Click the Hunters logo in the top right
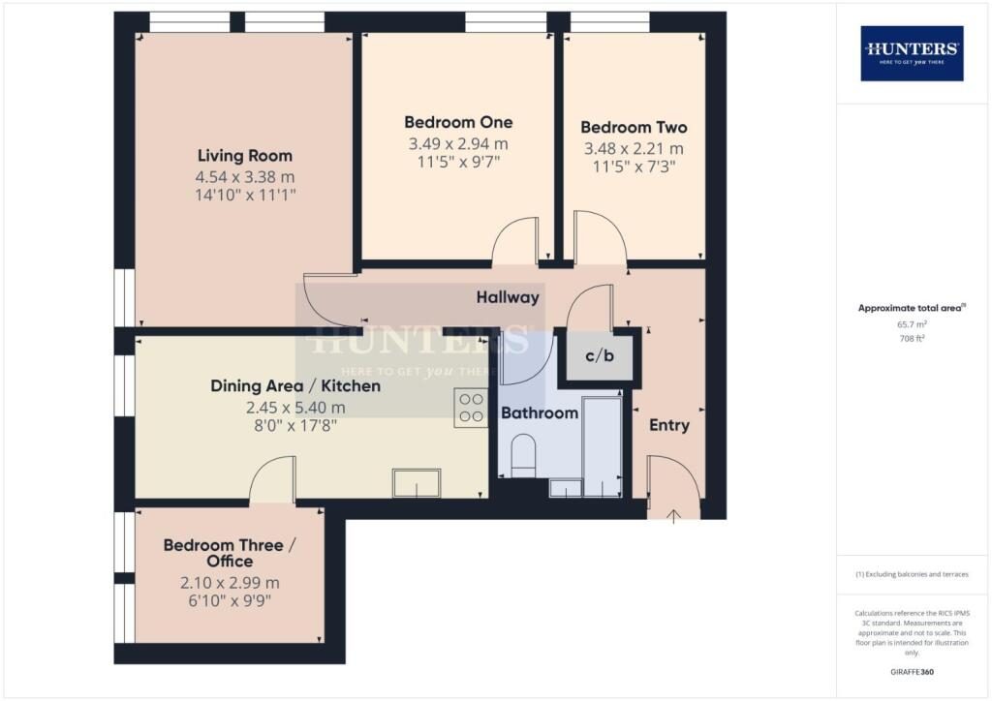tap(912, 53)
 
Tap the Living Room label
tap(244, 156)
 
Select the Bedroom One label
tap(458, 123)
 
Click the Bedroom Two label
tap(634, 128)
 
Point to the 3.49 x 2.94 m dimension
tap(458, 144)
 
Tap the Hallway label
tap(507, 297)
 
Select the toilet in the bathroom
tap(523, 455)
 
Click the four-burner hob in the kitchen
tap(471, 408)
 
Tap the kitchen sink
tap(416, 482)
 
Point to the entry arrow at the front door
tap(674, 511)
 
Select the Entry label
tap(668, 425)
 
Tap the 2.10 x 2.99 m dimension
tap(230, 583)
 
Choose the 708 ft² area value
tap(912, 340)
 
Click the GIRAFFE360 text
tap(912, 671)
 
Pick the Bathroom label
tap(539, 413)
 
